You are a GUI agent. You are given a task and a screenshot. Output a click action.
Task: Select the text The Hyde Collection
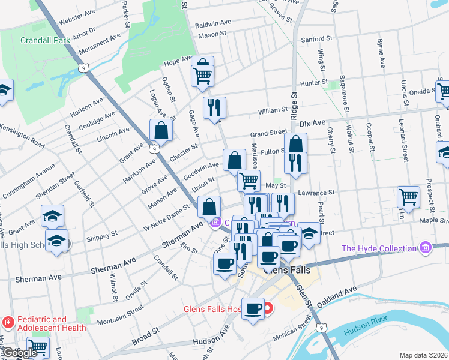pyautogui.click(x=379, y=248)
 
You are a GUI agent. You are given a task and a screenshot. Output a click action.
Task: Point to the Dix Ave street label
pyautogui.click(x=312, y=122)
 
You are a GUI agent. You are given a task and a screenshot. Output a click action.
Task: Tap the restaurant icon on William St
pyautogui.click(x=214, y=108)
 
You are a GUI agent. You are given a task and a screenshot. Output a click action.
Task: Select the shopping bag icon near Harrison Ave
pyautogui.click(x=161, y=130)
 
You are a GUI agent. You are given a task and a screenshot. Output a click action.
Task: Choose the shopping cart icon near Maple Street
pyautogui.click(x=408, y=197)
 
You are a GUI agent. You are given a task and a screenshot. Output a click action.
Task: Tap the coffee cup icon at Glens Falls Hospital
pyautogui.click(x=253, y=308)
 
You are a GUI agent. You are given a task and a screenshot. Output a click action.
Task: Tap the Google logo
pyautogui.click(x=19, y=353)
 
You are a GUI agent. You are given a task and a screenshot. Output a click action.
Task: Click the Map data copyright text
pyautogui.click(x=423, y=355)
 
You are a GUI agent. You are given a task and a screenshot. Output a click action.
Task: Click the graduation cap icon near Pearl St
pyautogui.click(x=309, y=233)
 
